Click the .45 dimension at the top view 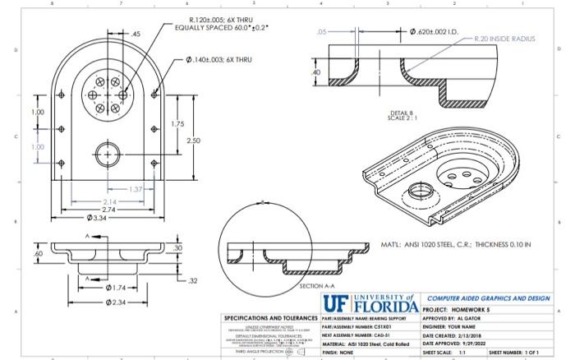pyautogui.click(x=136, y=34)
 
